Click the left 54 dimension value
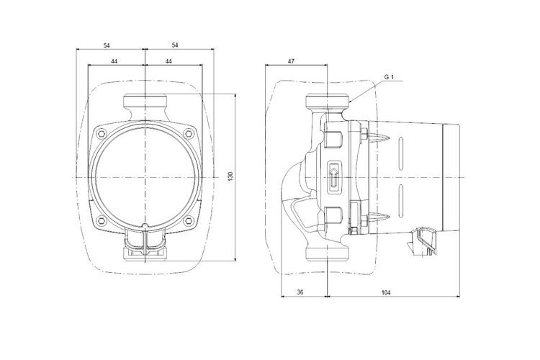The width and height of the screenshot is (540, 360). click(x=107, y=45)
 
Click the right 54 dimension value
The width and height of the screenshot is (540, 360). click(x=175, y=45)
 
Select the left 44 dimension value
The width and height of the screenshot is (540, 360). click(x=114, y=61)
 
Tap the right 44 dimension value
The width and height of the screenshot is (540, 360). click(x=168, y=61)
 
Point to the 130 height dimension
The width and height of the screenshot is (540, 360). click(x=230, y=176)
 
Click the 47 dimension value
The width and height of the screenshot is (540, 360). click(x=292, y=61)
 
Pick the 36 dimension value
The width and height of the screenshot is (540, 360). click(x=300, y=292)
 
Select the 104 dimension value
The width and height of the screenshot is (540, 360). click(x=386, y=292)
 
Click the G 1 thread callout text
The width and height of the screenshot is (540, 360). click(x=389, y=77)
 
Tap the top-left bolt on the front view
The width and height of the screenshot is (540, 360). click(x=101, y=134)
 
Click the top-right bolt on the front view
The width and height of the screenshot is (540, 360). click(x=188, y=134)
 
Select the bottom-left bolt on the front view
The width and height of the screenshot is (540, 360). click(x=101, y=220)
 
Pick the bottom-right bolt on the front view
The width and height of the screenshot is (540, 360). click(x=188, y=220)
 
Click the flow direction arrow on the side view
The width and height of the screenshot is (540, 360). click(x=333, y=176)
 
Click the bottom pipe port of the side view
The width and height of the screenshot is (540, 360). click(x=328, y=253)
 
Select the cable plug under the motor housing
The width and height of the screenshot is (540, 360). click(x=423, y=242)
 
